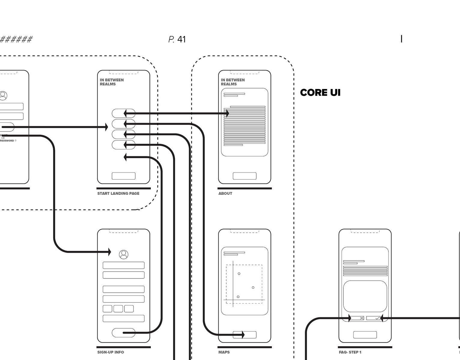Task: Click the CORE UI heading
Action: [320, 93]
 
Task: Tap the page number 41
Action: [181, 39]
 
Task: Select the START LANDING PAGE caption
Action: [118, 193]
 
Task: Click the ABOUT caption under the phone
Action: [225, 193]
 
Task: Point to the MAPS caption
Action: [224, 352]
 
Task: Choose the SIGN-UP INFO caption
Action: [110, 352]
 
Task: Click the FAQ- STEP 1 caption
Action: [350, 352]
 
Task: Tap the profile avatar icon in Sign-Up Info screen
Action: [123, 254]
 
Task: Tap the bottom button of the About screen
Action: [245, 176]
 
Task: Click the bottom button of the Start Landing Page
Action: [123, 176]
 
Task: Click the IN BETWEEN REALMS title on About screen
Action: [233, 82]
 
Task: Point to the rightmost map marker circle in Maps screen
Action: [253, 288]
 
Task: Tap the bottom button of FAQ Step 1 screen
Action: [365, 335]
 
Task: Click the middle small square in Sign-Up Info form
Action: [118, 309]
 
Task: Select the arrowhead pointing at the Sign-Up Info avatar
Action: [109, 252]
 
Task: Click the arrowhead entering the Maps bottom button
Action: [243, 334]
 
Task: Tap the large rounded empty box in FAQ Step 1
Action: [365, 296]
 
